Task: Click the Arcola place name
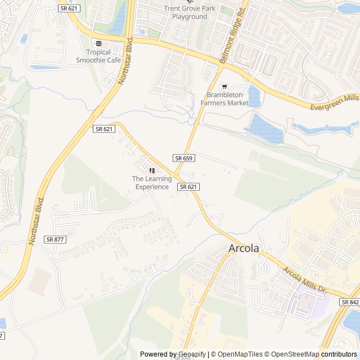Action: click(244, 248)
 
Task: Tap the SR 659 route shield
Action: click(183, 158)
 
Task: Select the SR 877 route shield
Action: click(55, 239)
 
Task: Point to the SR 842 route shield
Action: click(349, 302)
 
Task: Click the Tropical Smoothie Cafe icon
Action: click(99, 44)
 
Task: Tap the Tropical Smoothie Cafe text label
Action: click(99, 56)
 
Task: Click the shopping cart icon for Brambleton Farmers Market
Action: click(224, 87)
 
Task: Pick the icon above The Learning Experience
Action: click(151, 170)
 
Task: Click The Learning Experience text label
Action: click(151, 183)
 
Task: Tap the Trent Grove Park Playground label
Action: click(190, 12)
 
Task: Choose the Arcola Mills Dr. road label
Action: click(305, 280)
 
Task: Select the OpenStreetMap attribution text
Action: click(295, 354)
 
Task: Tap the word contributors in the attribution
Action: click(339, 354)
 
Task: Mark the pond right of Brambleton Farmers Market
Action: click(254, 96)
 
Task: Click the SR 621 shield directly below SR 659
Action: click(188, 186)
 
